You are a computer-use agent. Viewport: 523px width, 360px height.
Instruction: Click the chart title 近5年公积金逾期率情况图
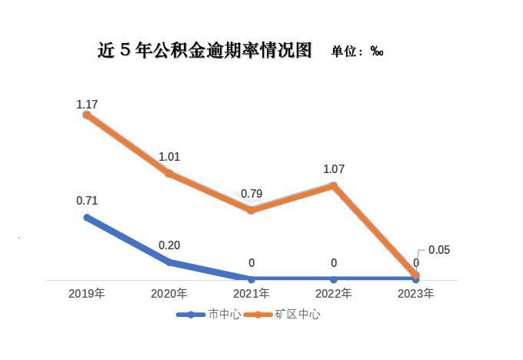point(205,51)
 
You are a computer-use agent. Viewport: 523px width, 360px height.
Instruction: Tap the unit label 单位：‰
point(358,52)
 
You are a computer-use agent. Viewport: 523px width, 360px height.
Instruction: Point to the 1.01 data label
point(169,157)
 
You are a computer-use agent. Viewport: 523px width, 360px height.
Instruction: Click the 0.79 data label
point(252,194)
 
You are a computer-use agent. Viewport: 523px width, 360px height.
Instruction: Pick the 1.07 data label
point(334,168)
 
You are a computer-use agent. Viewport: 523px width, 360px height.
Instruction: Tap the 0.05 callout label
point(438,250)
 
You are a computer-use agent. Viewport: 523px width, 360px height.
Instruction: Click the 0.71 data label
point(87,201)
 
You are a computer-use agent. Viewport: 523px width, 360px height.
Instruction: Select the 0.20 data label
point(169,245)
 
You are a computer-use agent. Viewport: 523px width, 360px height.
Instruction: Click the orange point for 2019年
point(87,115)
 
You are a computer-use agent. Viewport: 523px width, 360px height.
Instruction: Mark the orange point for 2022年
point(334,185)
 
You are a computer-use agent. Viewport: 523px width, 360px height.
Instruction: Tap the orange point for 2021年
point(252,210)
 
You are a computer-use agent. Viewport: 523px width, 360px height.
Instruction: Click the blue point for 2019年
point(87,218)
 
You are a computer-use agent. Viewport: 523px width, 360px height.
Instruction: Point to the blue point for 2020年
point(169,262)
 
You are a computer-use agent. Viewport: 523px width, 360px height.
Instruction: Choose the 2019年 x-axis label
point(87,294)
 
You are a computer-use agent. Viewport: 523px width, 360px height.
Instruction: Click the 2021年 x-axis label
point(252,294)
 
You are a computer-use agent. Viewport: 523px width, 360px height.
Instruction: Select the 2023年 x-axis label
point(416,294)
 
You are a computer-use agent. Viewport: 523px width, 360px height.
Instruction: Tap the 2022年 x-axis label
point(334,294)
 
